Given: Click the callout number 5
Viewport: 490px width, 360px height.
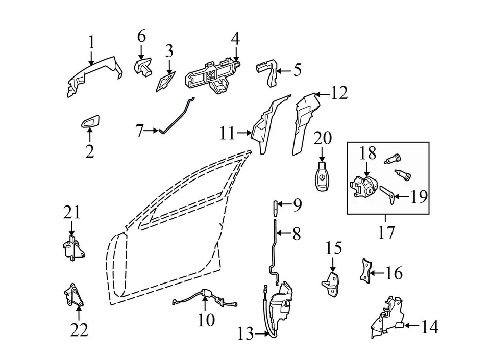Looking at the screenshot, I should tap(297, 69).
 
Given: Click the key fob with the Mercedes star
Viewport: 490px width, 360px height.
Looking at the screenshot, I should tap(322, 178).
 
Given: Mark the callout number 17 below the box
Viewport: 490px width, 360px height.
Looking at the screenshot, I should tap(387, 234).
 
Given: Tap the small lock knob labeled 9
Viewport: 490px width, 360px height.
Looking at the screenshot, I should tap(276, 206).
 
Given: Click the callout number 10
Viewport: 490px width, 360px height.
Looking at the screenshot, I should tap(206, 321).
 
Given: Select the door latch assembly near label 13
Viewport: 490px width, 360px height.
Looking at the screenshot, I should tap(279, 306).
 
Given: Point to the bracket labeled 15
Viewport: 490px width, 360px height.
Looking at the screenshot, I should tap(333, 282).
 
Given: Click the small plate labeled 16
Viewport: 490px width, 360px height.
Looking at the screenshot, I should tap(365, 271).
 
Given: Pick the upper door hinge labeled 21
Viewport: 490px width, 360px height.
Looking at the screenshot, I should tap(72, 248).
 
